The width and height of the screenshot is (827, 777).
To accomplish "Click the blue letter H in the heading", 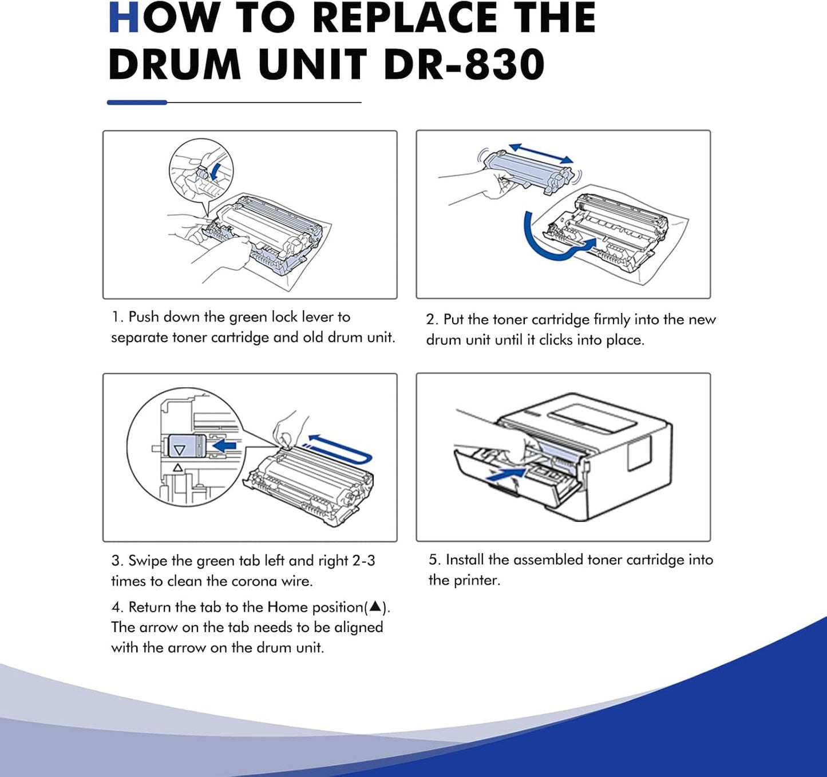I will [124, 18].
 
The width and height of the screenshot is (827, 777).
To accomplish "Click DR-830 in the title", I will [464, 64].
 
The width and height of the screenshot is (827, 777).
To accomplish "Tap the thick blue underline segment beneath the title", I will [137, 102].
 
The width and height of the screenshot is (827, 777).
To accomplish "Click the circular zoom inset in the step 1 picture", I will [201, 170].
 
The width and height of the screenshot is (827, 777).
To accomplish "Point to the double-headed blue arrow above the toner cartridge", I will [541, 153].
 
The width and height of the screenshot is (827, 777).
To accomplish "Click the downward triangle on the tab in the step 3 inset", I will [180, 450].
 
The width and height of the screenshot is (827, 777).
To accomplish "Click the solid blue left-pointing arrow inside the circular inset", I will [224, 445].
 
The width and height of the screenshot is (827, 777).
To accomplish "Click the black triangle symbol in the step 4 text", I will [375, 606].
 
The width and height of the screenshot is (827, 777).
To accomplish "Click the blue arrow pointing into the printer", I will [506, 473].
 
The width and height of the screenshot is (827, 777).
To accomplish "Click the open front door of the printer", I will [504, 481].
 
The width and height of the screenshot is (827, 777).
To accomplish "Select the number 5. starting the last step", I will [434, 560].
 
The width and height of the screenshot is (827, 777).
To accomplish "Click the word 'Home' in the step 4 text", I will [288, 607].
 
